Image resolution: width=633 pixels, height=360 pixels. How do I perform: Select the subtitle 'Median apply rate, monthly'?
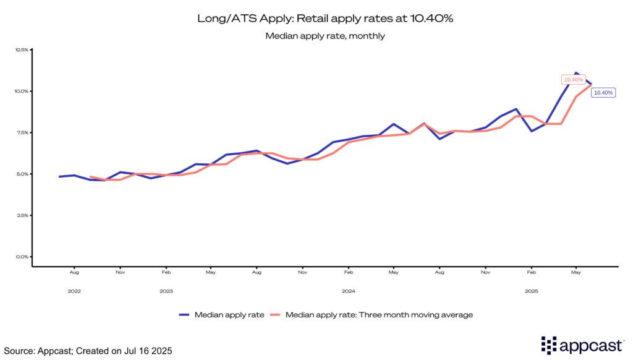pos(325,36)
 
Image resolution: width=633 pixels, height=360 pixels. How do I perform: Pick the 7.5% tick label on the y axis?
pos(21,132)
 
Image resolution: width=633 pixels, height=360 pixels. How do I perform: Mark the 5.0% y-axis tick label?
pos(21,174)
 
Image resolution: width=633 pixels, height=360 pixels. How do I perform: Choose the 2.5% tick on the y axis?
pos(21,215)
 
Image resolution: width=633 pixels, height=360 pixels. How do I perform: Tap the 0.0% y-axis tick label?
pos(21,257)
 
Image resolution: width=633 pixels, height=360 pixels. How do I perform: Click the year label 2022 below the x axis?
pos(74,290)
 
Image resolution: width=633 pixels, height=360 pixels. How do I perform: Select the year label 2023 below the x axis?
pos(166,290)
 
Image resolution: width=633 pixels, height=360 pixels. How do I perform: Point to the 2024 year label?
pos(349,290)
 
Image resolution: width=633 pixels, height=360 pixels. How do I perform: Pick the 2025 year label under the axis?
pos(531,290)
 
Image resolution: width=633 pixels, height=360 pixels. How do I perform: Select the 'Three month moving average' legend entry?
pos(371,315)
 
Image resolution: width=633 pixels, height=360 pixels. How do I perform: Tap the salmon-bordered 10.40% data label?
pos(573,80)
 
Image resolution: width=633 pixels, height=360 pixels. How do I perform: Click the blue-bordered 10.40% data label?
pos(603,93)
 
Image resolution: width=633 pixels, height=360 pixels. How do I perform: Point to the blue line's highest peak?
pos(576,73)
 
